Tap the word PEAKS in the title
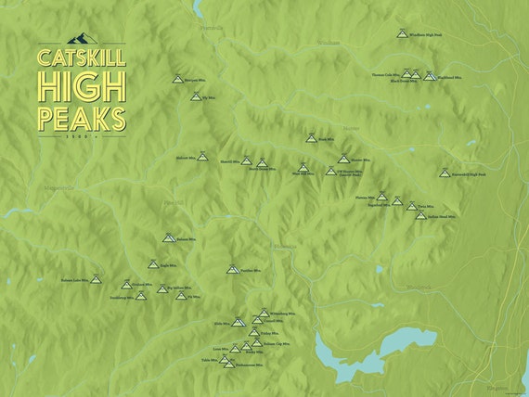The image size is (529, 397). [x=82, y=117]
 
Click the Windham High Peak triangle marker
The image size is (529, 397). [x=402, y=33]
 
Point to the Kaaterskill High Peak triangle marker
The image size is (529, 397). [x=445, y=172]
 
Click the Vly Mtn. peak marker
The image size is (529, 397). [x=195, y=96]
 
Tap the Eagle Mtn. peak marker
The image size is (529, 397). [x=154, y=264]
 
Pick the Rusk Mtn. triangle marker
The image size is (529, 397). [x=311, y=139]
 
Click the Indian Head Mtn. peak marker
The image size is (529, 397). [x=420, y=215]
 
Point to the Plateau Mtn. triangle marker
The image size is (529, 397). [x=381, y=196]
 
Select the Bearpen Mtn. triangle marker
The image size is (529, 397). [x=176, y=80]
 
